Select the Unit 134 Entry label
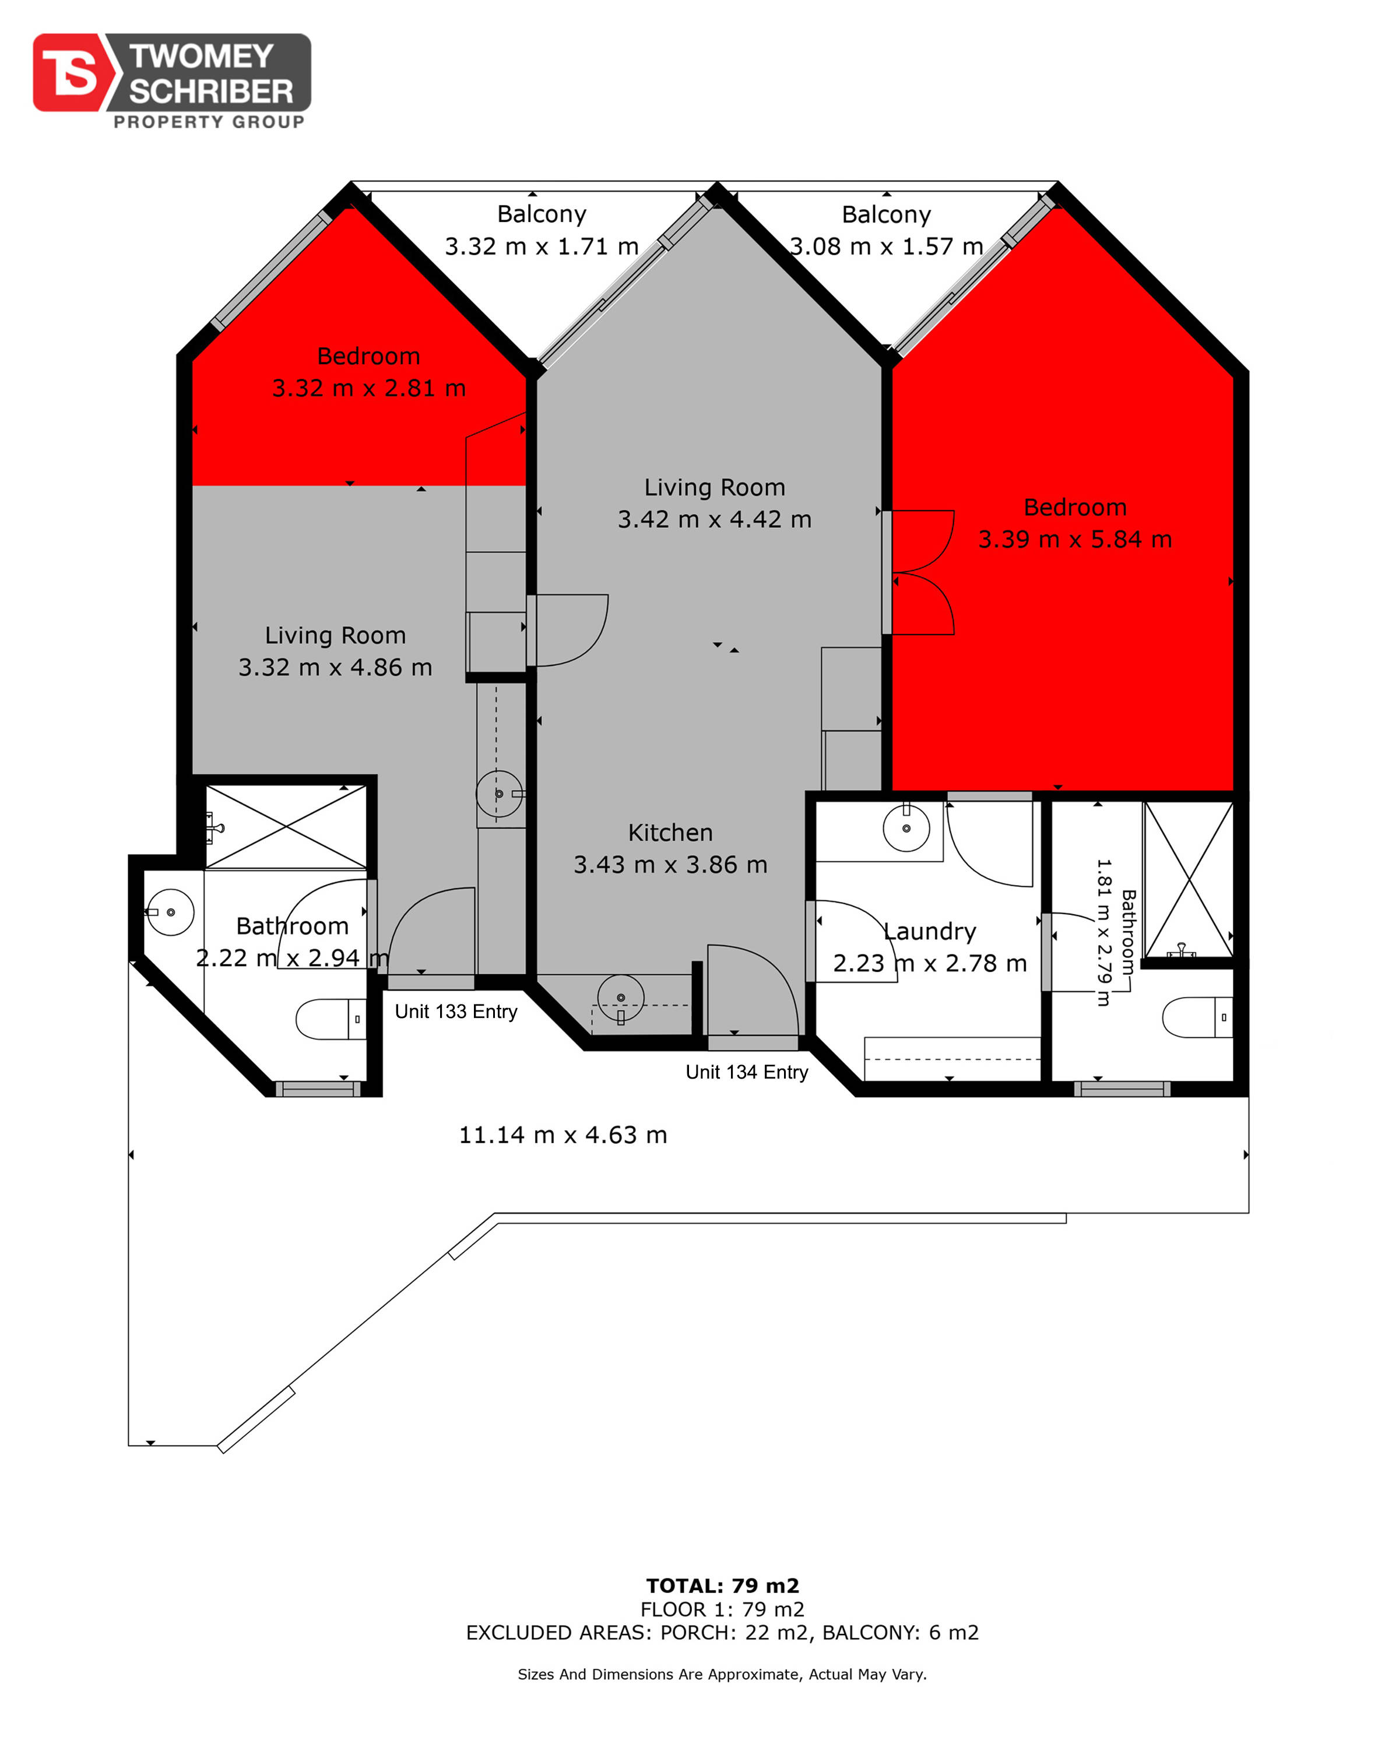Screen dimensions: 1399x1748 747,1072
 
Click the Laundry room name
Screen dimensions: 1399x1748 929,932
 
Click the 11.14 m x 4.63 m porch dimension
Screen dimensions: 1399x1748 563,1135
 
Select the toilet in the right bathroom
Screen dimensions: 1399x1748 1197,1017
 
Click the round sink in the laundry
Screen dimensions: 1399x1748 906,828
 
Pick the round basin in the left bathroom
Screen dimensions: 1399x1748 170,912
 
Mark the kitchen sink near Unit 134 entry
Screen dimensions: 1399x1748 620,998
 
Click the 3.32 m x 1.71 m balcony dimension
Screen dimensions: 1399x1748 542,246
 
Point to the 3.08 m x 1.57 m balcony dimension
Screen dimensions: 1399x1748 887,246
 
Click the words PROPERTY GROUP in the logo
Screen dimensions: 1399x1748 209,122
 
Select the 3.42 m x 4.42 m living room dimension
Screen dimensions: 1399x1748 715,519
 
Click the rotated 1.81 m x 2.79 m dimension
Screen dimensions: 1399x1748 1103,932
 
